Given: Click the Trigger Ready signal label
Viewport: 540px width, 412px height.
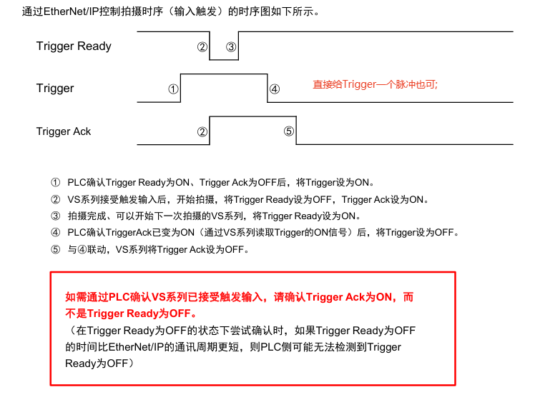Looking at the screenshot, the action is pos(74,46).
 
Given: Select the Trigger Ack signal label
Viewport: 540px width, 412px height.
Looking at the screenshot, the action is pos(64,131).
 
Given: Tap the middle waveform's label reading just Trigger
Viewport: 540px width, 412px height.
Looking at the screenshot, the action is pos(55,89).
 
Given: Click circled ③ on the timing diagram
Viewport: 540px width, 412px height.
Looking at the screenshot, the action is pos(231,47).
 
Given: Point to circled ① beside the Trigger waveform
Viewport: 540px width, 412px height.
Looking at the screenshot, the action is pos(173,89).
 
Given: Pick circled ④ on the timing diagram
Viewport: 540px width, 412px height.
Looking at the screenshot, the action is pos(275,89).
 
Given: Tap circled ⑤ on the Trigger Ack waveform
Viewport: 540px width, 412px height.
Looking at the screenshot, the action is pos(288,131).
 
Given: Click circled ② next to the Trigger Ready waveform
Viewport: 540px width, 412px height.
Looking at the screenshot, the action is pos(202,47).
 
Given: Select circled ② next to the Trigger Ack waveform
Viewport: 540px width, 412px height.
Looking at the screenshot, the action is pos(202,131).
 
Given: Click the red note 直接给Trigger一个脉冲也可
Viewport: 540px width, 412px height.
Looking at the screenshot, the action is pos(375,84).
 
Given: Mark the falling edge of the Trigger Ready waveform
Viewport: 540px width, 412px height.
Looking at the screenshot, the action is pos(210,46).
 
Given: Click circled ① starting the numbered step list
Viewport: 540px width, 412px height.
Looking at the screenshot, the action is pos(57,182).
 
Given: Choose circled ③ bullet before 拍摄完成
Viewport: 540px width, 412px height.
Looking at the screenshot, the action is pos(57,216).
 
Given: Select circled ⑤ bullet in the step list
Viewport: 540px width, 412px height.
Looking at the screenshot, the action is pos(57,250).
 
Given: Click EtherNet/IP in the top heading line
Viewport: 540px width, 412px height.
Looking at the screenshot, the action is pos(72,12).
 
